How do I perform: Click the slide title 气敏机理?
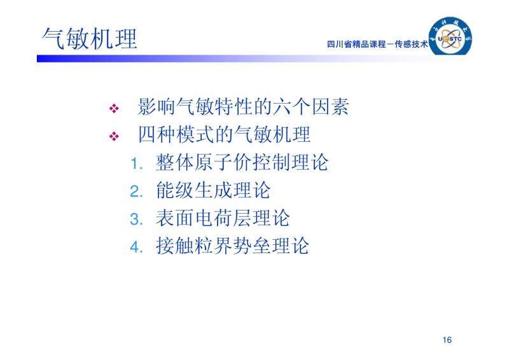[90, 39]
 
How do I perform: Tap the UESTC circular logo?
[450, 37]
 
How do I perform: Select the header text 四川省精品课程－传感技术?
[377, 44]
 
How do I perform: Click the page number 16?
[447, 340]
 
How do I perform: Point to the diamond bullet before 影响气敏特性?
[114, 108]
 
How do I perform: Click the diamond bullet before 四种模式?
[114, 136]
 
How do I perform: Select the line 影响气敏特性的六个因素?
[244, 106]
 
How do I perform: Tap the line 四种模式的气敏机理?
[225, 134]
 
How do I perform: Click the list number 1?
[136, 164]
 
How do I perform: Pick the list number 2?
[136, 191]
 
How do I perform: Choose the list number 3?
[136, 219]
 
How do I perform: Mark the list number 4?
[136, 247]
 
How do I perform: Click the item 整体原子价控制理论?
[242, 162]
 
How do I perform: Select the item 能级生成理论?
[213, 190]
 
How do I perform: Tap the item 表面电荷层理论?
[223, 218]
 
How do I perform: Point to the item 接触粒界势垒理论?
[232, 246]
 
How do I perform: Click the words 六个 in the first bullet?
[291, 106]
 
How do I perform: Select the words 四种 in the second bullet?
[157, 134]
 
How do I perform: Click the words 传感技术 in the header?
[411, 44]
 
